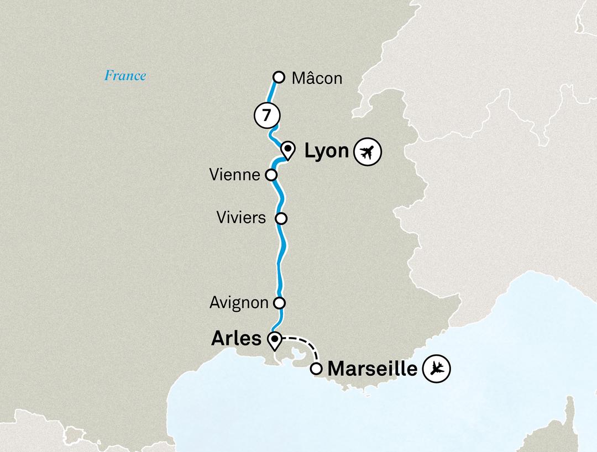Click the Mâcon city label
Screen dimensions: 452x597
317,78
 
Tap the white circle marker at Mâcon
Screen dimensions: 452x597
279,77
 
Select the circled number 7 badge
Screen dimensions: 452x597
267,115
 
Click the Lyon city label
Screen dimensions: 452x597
326,151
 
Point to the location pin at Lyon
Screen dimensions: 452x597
287,150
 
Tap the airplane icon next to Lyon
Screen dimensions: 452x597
368,152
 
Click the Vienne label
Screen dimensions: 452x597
235,175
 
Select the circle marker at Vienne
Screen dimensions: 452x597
271,175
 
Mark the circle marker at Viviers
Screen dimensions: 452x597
281,218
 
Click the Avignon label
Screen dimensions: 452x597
239,303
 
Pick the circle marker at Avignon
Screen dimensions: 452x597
280,303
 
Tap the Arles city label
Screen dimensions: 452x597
236,338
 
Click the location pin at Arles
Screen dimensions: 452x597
274,340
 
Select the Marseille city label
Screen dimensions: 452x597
373,369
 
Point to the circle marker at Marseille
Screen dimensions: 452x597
316,369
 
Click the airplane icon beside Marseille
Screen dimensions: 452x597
437,368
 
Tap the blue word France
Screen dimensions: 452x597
125,76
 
